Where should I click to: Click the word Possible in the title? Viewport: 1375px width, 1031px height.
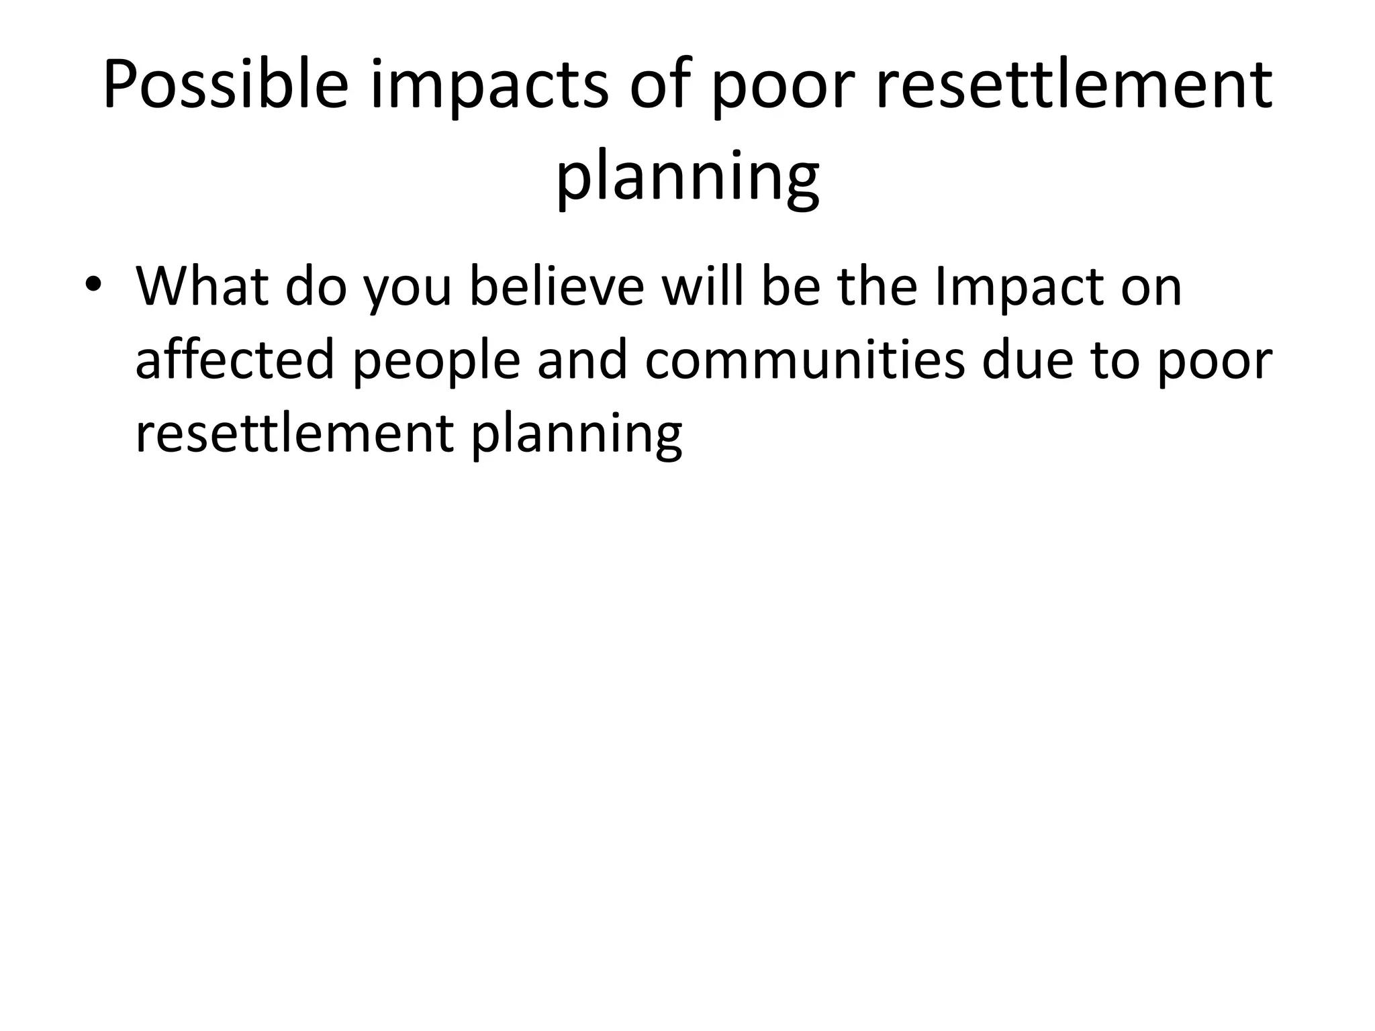point(226,86)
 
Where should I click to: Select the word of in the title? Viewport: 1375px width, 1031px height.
point(661,86)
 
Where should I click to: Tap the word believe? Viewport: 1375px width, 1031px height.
point(557,287)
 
